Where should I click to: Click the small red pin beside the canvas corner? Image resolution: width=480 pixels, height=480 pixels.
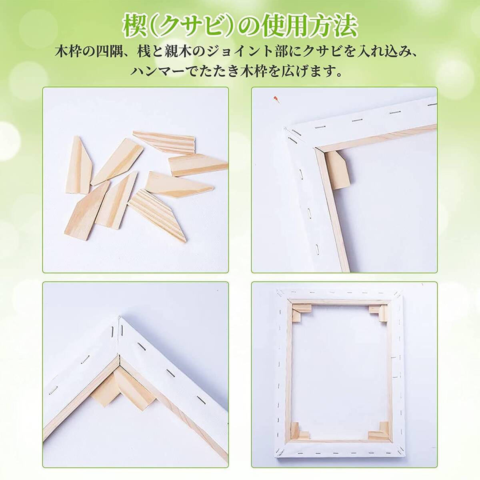(275, 98)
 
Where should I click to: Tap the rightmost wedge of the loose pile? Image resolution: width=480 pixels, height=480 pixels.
(197, 165)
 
